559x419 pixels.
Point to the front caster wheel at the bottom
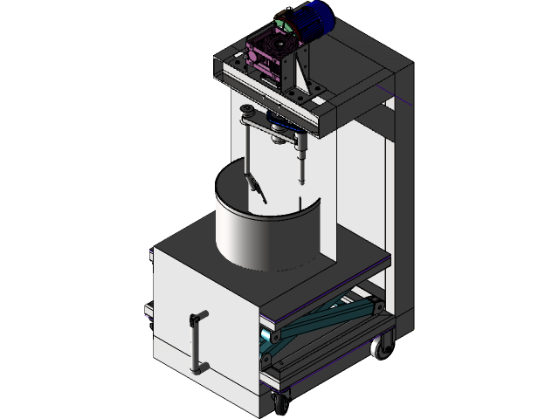[280, 403]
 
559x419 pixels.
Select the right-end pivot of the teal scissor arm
[375, 304]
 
